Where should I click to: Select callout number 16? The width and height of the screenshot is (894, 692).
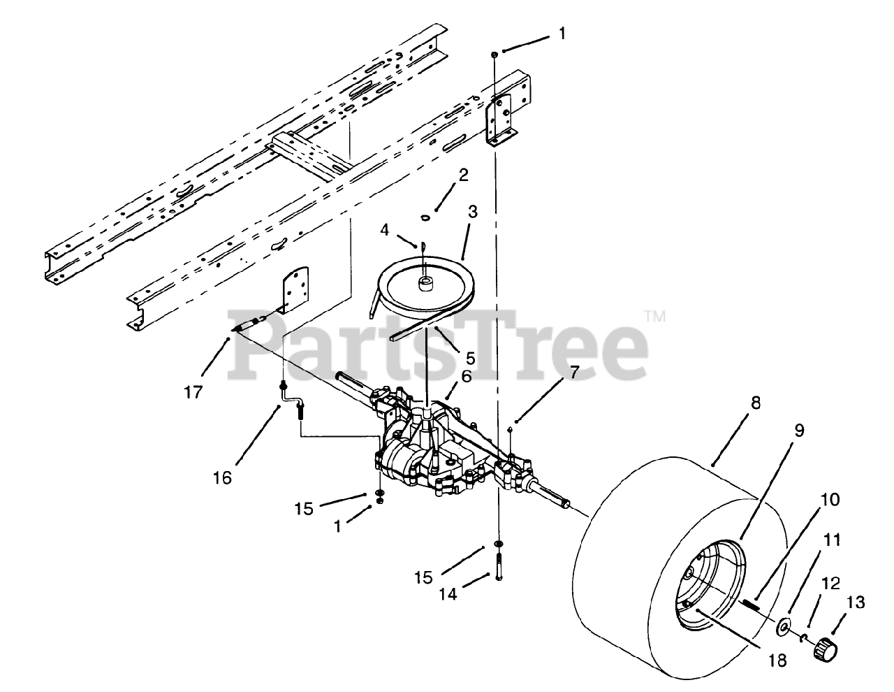(x=222, y=477)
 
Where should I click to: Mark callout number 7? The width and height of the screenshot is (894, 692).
(x=573, y=373)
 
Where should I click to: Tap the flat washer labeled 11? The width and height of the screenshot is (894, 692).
(x=785, y=628)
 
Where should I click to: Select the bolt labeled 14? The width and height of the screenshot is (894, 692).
(x=500, y=563)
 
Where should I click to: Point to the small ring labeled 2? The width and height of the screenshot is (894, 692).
(x=424, y=218)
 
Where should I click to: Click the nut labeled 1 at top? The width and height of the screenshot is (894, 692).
(x=494, y=53)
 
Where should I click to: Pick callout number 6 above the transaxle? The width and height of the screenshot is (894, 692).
(x=467, y=376)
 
